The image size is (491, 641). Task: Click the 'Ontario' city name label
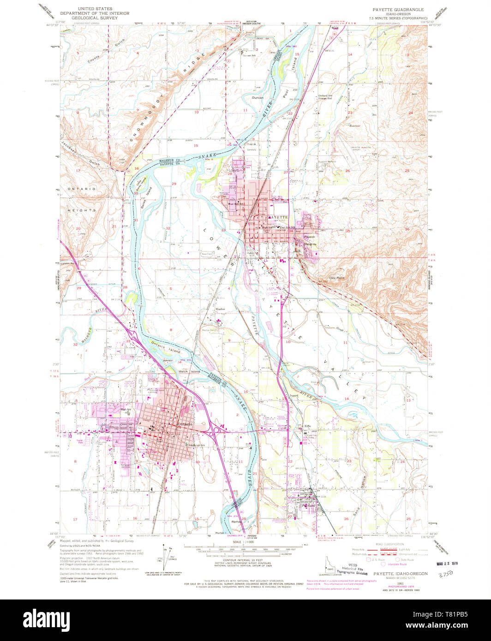pos(184,424)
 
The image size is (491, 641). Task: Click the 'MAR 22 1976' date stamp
pos(449,564)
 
